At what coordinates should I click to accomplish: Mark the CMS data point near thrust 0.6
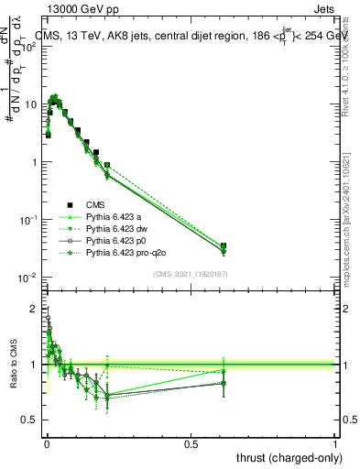coord(224,246)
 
